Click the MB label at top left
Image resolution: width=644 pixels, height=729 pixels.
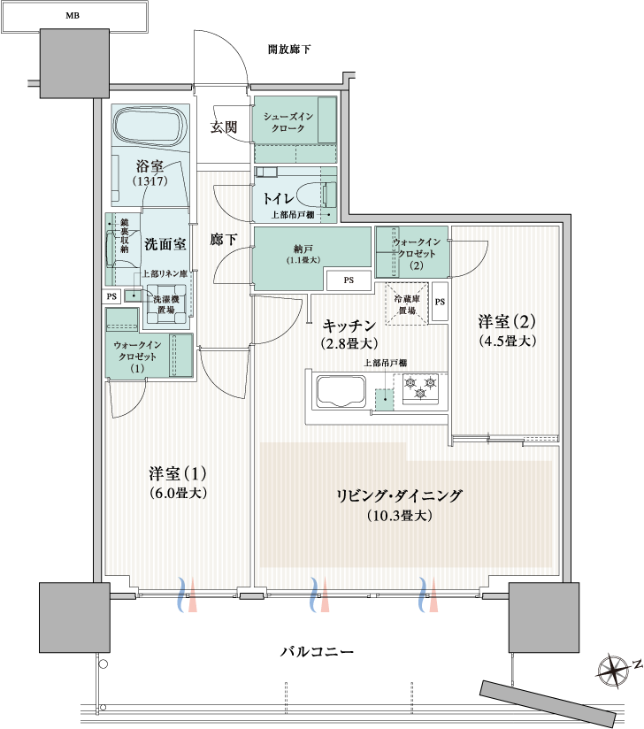click(73, 16)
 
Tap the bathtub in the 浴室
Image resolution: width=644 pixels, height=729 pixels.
click(149, 127)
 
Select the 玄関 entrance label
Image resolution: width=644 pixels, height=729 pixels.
click(224, 127)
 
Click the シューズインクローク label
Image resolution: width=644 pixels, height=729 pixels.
click(288, 122)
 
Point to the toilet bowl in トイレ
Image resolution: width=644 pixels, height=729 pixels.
click(316, 195)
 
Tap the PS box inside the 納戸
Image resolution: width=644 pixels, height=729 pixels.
click(349, 280)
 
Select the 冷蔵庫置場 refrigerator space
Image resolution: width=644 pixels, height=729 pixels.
click(406, 304)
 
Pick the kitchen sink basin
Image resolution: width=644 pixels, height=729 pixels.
click(341, 391)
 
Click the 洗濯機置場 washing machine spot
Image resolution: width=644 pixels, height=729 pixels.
click(166, 304)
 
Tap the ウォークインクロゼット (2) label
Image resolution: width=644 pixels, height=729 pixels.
click(417, 253)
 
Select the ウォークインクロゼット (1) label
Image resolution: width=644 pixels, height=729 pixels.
click(137, 357)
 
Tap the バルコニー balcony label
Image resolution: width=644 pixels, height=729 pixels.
click(317, 651)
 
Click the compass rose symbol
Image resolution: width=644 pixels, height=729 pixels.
click(613, 671)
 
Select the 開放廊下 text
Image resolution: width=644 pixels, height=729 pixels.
click(289, 49)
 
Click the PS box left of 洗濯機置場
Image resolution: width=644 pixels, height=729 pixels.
click(111, 296)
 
